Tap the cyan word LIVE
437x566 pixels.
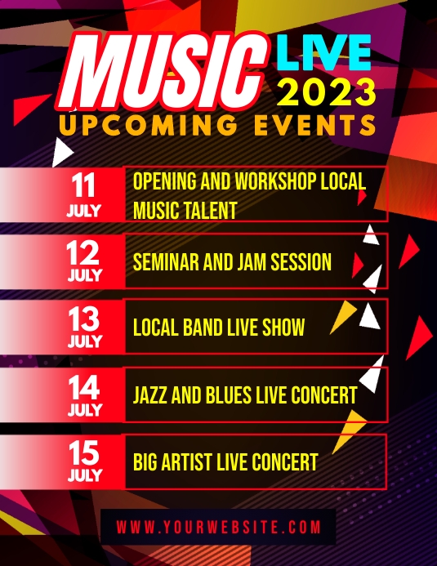click(323, 54)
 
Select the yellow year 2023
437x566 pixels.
click(327, 92)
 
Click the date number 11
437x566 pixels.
click(84, 186)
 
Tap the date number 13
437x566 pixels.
click(84, 319)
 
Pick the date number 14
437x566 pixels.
click(84, 386)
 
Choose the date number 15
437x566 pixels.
click(84, 452)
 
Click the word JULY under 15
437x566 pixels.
click(84, 475)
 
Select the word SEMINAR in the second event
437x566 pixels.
click(167, 262)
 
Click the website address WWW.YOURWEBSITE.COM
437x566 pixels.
click(218, 527)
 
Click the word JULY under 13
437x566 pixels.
click(84, 341)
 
